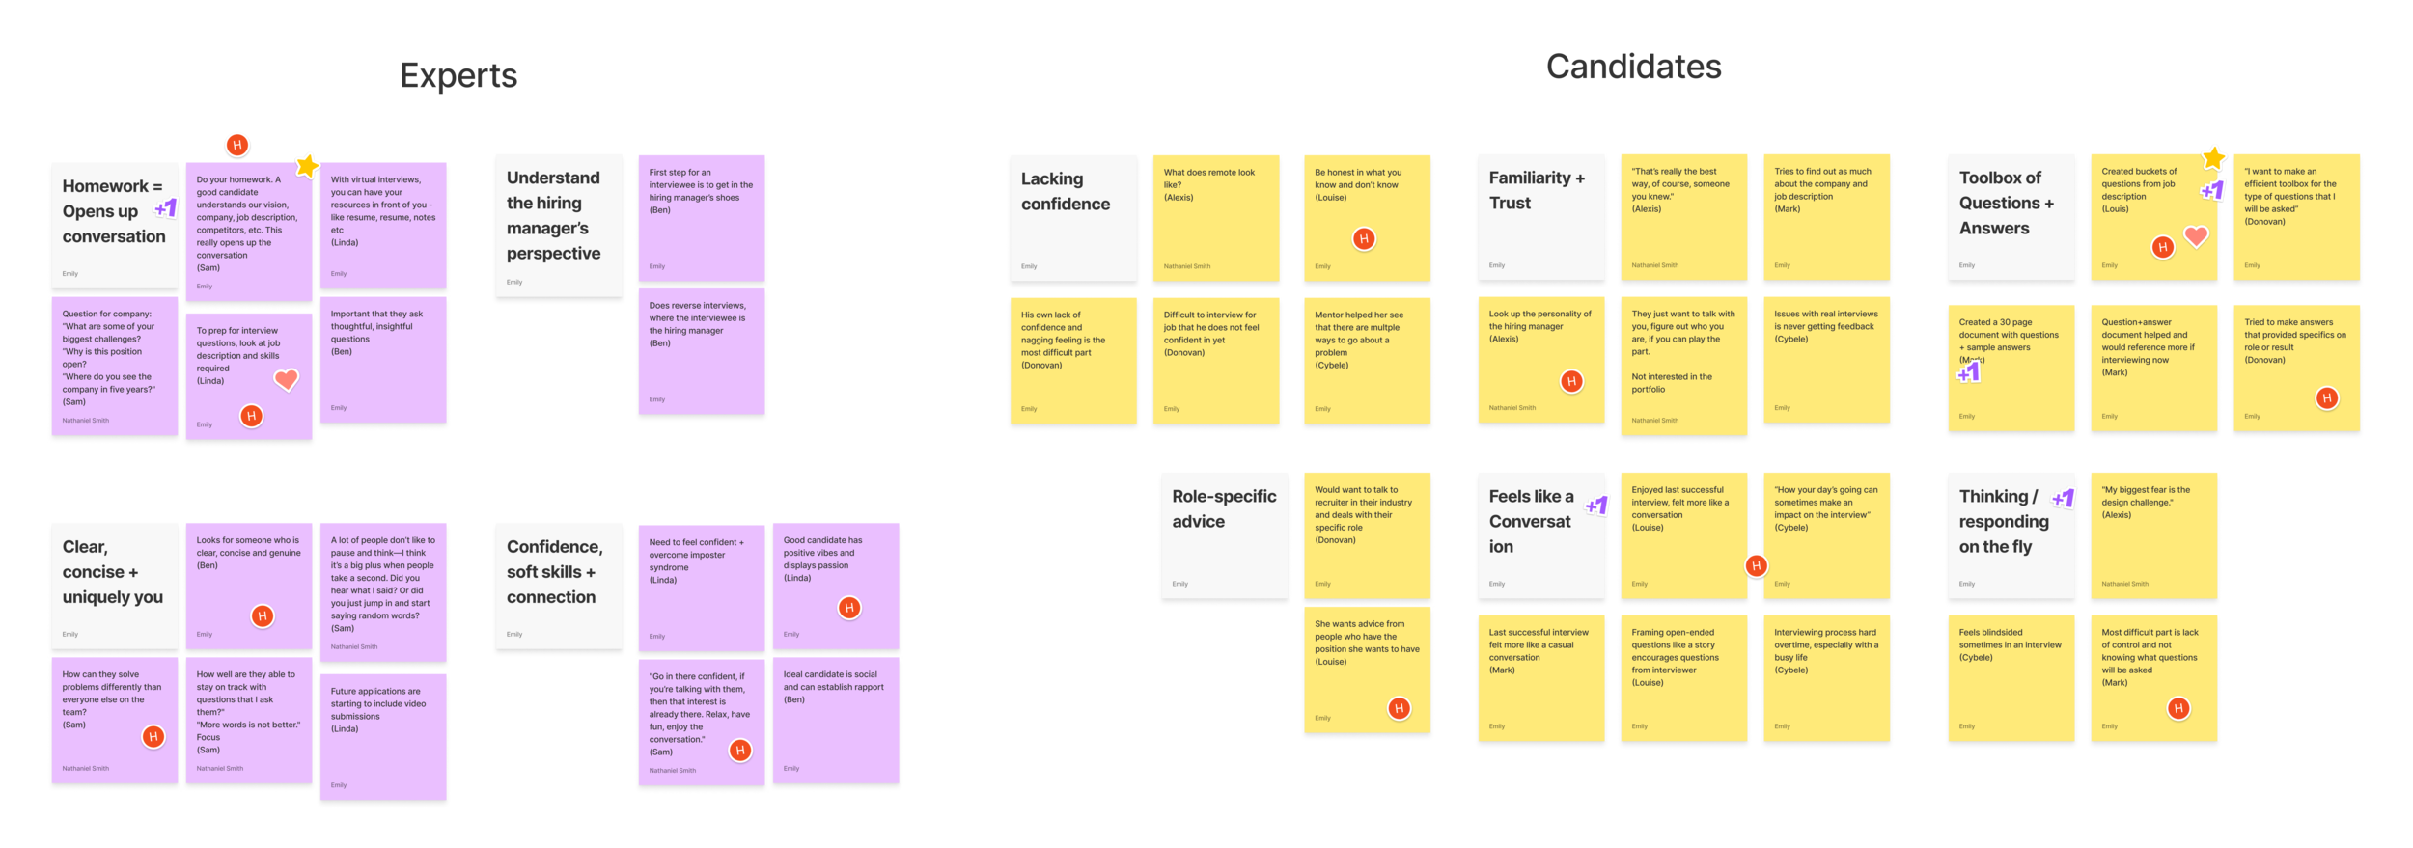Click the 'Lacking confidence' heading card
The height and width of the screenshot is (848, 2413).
click(x=1072, y=218)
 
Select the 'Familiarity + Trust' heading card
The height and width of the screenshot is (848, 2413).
click(x=1539, y=218)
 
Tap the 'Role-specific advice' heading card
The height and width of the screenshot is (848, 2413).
click(x=1223, y=535)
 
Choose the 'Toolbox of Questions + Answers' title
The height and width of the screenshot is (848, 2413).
click(x=2007, y=204)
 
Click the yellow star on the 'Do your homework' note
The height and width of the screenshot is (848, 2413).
click(x=307, y=165)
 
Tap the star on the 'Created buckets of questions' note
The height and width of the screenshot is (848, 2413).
click(x=2213, y=157)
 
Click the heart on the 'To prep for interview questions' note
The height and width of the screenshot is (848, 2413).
click(x=286, y=380)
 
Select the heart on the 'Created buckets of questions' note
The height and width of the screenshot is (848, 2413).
click(x=2196, y=235)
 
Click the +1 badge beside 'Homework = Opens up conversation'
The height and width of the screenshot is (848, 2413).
click(x=166, y=207)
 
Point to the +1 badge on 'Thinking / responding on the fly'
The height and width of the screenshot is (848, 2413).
click(x=2063, y=499)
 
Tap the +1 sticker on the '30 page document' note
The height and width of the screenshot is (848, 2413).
click(x=1969, y=372)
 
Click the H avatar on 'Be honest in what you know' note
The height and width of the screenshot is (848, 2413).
click(x=1363, y=238)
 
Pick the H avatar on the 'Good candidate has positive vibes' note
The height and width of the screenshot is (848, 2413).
click(x=848, y=608)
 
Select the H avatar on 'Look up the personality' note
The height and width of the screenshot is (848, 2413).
click(x=1571, y=381)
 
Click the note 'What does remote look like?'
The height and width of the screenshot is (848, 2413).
click(x=1214, y=218)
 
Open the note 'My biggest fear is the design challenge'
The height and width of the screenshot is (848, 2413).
click(x=2152, y=535)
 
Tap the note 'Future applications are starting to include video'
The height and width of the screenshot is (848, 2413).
click(x=382, y=738)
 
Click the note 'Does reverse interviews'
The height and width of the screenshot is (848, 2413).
click(x=701, y=352)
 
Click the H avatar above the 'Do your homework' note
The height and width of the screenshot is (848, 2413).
click(x=237, y=145)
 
